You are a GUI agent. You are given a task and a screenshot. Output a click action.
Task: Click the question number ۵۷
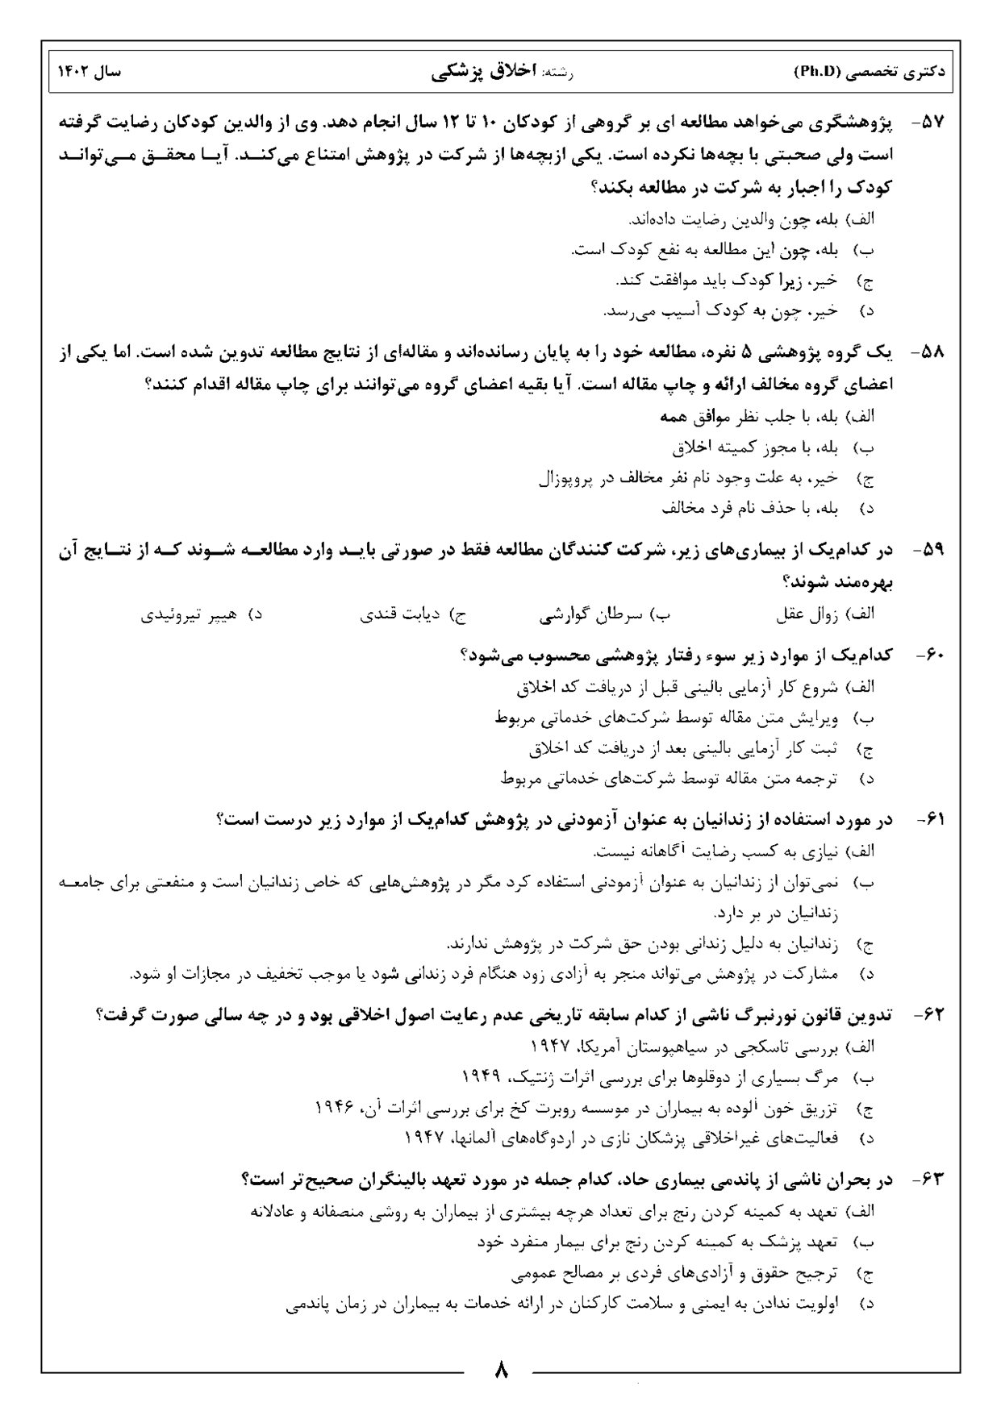coord(932,124)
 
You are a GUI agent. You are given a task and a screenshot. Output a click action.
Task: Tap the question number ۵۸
coord(932,352)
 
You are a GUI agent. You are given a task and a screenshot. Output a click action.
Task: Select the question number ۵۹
coord(932,550)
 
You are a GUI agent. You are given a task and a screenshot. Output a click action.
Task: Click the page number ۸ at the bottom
coord(500,1370)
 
